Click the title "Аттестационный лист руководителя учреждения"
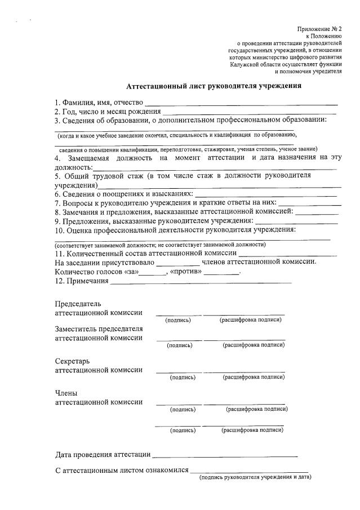214,86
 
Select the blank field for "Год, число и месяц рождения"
248,113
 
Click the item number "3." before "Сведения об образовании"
57,120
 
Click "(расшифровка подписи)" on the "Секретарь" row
253,377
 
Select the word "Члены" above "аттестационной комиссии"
66,393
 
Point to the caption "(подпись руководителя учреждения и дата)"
255,477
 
